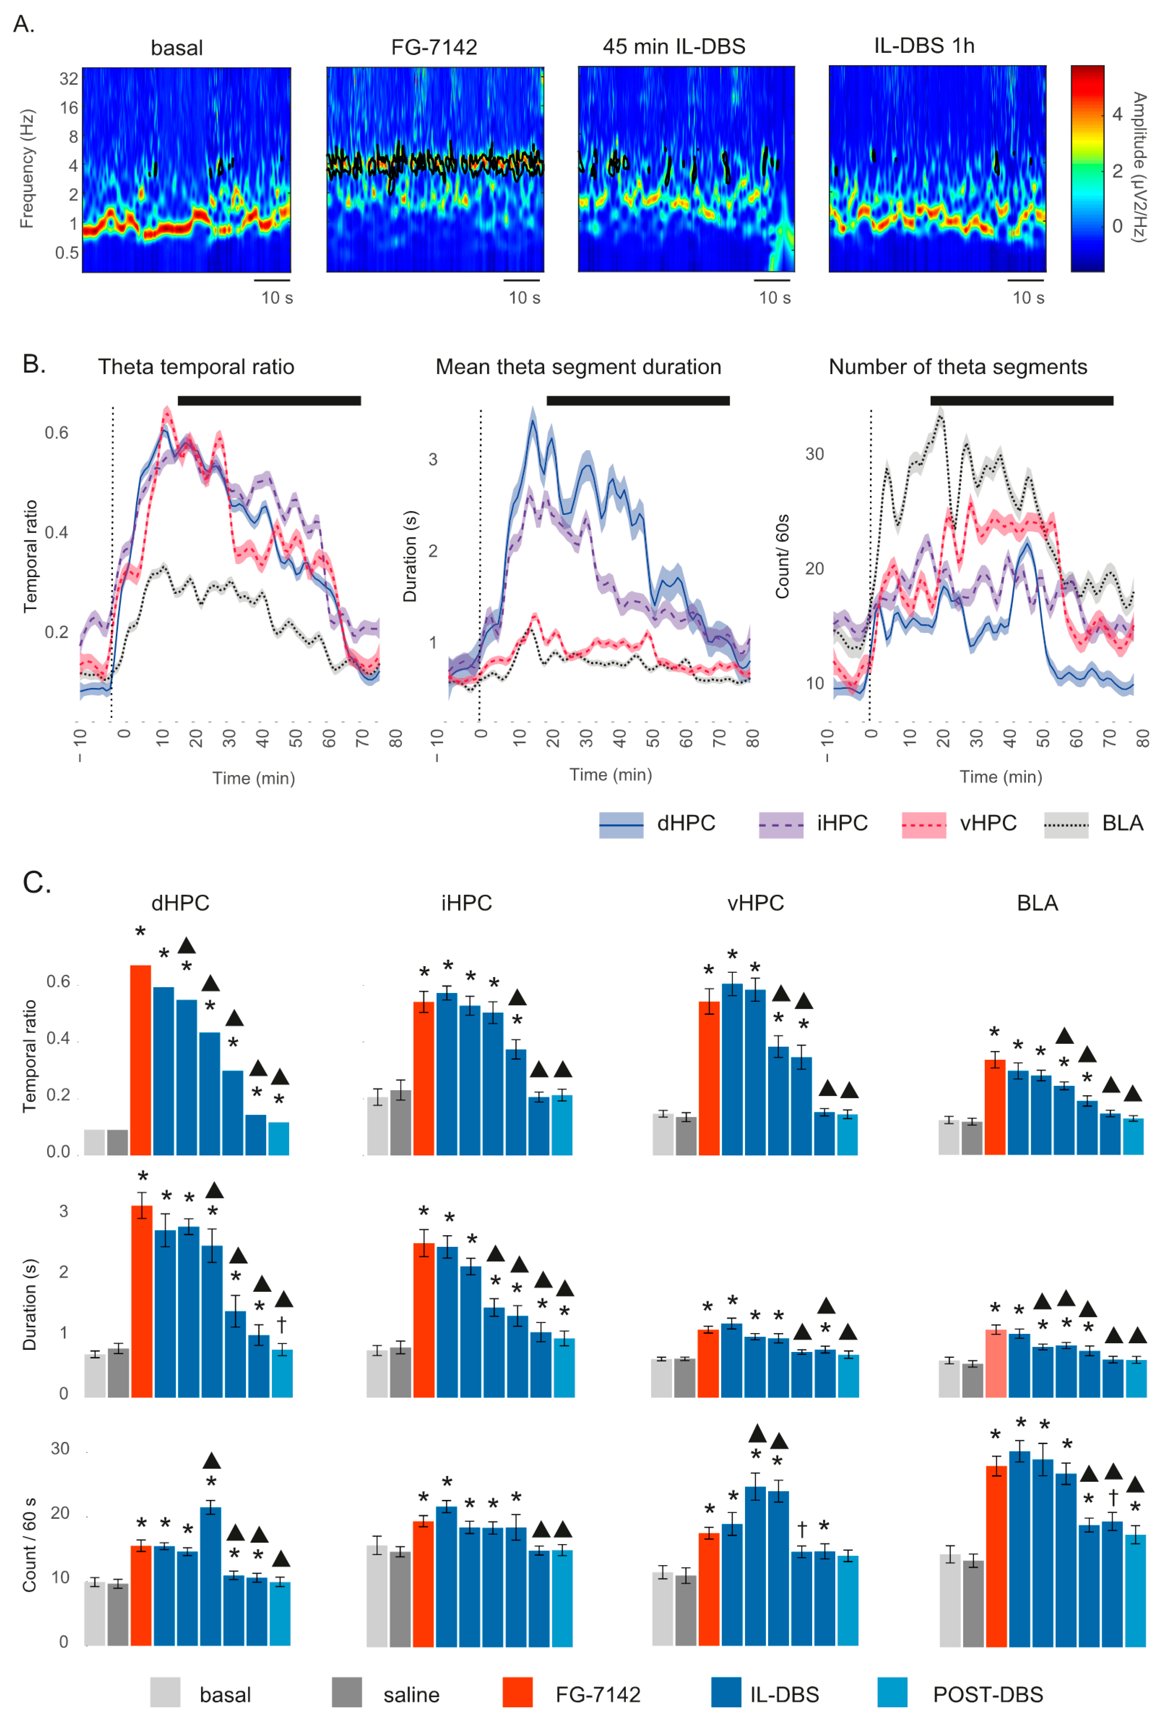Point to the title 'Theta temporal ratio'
point(196,367)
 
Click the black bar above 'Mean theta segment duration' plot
point(638,401)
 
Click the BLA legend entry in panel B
point(1094,824)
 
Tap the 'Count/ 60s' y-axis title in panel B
point(782,557)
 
